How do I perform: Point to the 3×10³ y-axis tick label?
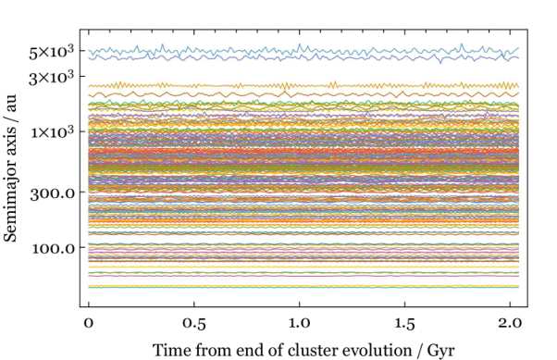52,78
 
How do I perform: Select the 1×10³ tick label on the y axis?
53,133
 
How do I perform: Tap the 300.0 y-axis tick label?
53,194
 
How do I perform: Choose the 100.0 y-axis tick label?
54,249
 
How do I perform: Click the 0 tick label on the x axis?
89,323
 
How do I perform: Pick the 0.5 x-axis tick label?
194,323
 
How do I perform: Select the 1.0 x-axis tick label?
299,323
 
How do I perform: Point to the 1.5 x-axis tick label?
404,323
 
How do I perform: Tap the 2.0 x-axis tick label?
510,323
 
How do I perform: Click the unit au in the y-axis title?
11,103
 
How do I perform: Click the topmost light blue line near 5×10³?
303,50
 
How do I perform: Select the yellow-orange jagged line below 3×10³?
303,86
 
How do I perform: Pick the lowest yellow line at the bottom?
303,286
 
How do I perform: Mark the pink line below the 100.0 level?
303,276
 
